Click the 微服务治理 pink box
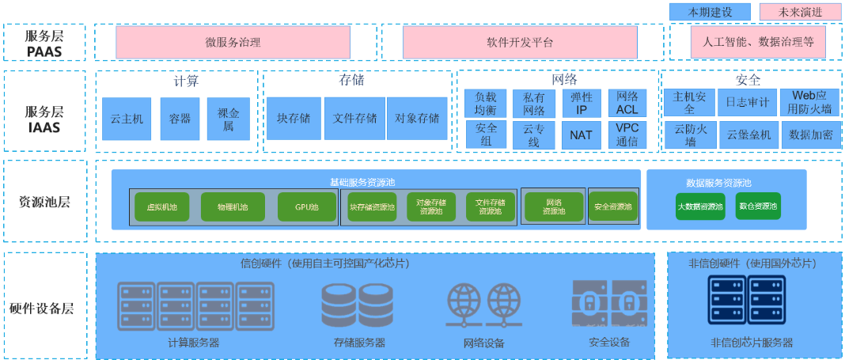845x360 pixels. [x=233, y=42]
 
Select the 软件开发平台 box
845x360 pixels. [x=520, y=42]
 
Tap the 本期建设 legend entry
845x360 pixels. [x=710, y=12]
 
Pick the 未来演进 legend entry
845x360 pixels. [x=800, y=12]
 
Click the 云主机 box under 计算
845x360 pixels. [x=127, y=119]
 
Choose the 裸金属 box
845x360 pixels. [x=228, y=119]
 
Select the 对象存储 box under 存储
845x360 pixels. [x=417, y=119]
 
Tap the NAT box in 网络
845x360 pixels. [x=581, y=135]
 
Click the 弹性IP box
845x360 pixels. [x=581, y=104]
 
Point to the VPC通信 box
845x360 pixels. [x=627, y=135]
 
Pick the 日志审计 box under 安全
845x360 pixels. [x=747, y=102]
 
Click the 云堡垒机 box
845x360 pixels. [x=748, y=135]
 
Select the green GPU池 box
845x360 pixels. [x=307, y=207]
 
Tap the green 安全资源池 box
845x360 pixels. [x=613, y=207]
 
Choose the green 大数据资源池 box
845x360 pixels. [x=700, y=207]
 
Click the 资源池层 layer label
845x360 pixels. [x=44, y=202]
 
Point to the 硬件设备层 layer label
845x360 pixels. [x=44, y=308]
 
